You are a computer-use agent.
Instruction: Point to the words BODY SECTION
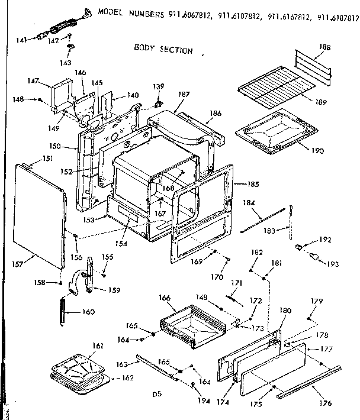pos(163,49)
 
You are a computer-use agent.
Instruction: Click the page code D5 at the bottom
pos(156,394)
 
